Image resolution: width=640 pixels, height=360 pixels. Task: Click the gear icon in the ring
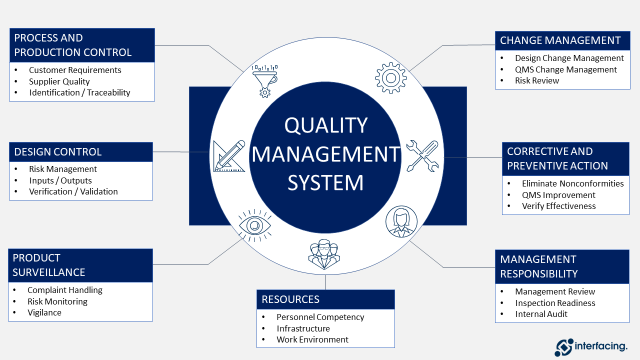pyautogui.click(x=390, y=77)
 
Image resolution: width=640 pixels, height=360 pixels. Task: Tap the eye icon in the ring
pyautogui.click(x=255, y=225)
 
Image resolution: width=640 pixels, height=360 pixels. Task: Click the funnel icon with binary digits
pyautogui.click(x=264, y=80)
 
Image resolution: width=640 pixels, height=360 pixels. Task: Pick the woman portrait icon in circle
pyautogui.click(x=401, y=221)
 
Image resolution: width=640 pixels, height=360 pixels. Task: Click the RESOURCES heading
pyautogui.click(x=290, y=299)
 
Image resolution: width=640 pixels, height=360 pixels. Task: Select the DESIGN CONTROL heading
pyautogui.click(x=58, y=152)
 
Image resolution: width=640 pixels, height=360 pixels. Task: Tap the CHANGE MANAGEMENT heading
pyautogui.click(x=560, y=40)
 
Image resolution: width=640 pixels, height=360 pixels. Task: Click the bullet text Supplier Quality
pyautogui.click(x=59, y=81)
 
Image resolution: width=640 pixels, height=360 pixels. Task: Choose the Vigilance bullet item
pyautogui.click(x=44, y=312)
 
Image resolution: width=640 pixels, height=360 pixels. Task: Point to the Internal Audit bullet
pyautogui.click(x=541, y=314)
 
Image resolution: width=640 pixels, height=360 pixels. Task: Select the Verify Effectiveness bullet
pyautogui.click(x=558, y=206)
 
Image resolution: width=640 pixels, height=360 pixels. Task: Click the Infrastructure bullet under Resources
pyautogui.click(x=303, y=328)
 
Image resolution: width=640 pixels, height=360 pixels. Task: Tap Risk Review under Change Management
pyautogui.click(x=537, y=80)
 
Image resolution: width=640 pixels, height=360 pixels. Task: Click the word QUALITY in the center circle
pyautogui.click(x=325, y=125)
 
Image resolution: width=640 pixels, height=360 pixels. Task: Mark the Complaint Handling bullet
pyautogui.click(x=64, y=290)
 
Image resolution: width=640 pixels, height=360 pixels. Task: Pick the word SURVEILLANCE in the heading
pyautogui.click(x=49, y=272)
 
